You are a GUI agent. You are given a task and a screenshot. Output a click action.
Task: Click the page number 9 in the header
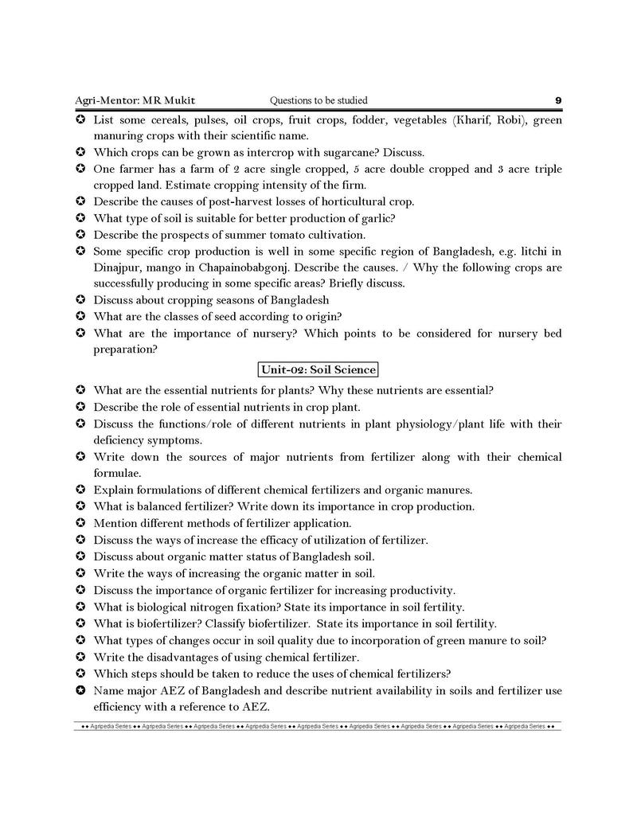pos(558,100)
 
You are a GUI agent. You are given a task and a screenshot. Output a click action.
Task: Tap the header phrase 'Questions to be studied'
pos(318,100)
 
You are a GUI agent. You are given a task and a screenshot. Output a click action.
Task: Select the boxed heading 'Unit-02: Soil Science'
pos(318,369)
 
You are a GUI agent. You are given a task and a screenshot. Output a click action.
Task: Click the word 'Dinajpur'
pos(119,268)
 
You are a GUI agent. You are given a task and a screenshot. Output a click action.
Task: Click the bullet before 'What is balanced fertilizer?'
pos(80,506)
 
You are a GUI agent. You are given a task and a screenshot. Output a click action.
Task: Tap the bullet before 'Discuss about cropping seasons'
pos(80,300)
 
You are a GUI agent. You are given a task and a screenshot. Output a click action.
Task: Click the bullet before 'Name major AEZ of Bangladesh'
pos(80,690)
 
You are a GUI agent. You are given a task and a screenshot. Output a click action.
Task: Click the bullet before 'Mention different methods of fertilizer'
pos(80,523)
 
